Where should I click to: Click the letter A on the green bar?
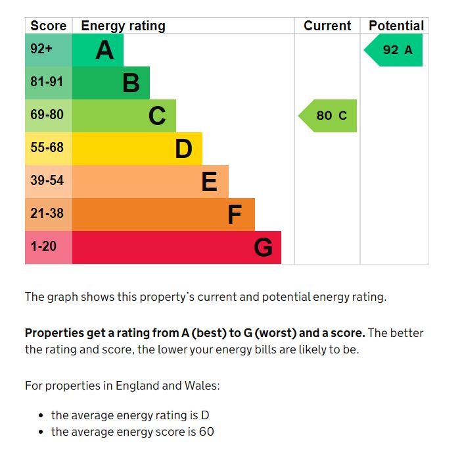point(104,50)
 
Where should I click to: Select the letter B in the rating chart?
point(131,83)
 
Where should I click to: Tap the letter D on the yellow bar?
point(183,149)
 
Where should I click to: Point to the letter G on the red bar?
point(263,247)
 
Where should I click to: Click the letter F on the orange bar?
point(235,215)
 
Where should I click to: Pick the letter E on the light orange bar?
point(209,182)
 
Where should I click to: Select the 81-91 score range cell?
point(48,82)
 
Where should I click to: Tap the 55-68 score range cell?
point(48,148)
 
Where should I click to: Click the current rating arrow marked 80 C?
point(329,116)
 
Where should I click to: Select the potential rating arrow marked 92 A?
point(394,50)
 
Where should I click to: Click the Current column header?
point(327,26)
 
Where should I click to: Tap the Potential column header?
point(396,26)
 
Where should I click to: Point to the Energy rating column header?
point(123,26)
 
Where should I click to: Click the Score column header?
point(48,26)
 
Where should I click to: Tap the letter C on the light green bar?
point(157,116)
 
